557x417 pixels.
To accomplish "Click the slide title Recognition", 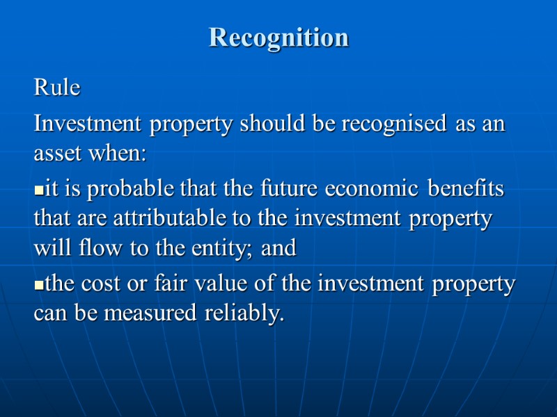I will (278, 38).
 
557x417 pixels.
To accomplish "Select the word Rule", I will (57, 89).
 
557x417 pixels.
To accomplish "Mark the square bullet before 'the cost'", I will (38, 286).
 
